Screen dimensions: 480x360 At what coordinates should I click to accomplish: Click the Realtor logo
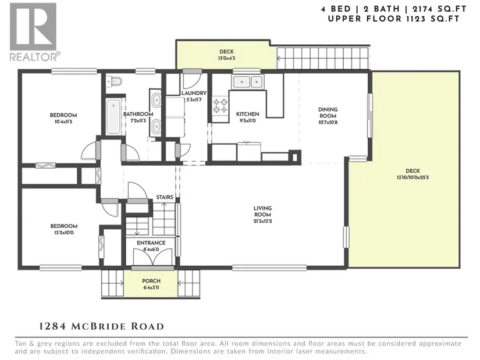[34, 32]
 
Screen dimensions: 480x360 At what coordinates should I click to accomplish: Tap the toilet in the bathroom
[114, 82]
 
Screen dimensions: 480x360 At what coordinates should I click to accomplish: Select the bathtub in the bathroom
[113, 117]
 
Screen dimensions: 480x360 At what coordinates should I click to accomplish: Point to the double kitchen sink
[248, 82]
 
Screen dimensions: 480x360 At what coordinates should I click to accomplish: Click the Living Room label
[262, 211]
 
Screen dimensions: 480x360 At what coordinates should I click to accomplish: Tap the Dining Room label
[328, 112]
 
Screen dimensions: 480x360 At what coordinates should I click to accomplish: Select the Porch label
[151, 281]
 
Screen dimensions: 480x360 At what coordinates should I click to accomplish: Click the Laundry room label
[194, 93]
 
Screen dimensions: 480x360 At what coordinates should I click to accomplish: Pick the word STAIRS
[165, 197]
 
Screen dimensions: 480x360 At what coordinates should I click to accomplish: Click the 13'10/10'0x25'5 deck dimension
[413, 177]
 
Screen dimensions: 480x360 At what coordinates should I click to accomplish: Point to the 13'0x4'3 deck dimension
[226, 58]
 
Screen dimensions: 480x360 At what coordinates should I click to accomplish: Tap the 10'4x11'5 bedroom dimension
[63, 122]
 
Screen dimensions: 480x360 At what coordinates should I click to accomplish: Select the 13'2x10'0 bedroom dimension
[63, 233]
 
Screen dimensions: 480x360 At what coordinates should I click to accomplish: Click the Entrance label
[151, 243]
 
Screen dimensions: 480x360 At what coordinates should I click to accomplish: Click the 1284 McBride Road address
[102, 326]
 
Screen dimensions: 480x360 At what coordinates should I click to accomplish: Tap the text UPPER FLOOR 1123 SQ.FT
[394, 19]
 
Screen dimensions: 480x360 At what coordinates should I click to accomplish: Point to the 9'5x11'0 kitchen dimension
[247, 120]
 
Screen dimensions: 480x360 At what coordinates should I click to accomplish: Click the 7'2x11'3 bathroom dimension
[138, 120]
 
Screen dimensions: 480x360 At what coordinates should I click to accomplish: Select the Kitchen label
[247, 114]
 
